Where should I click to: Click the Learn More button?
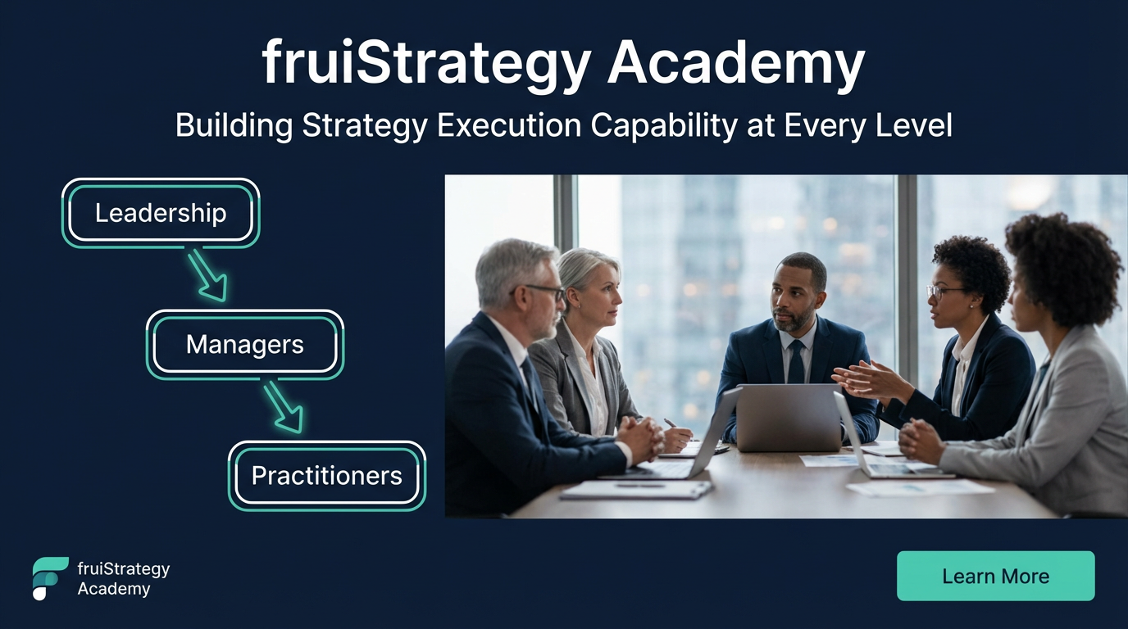pyautogui.click(x=995, y=576)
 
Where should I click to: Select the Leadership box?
pyautogui.click(x=161, y=213)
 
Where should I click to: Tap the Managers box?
pyautogui.click(x=245, y=344)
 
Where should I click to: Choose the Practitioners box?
pyautogui.click(x=326, y=475)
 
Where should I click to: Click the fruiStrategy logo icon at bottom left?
pyautogui.click(x=49, y=577)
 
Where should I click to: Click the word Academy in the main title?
pyautogui.click(x=735, y=63)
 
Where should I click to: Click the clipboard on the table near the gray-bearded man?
pyautogui.click(x=636, y=490)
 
